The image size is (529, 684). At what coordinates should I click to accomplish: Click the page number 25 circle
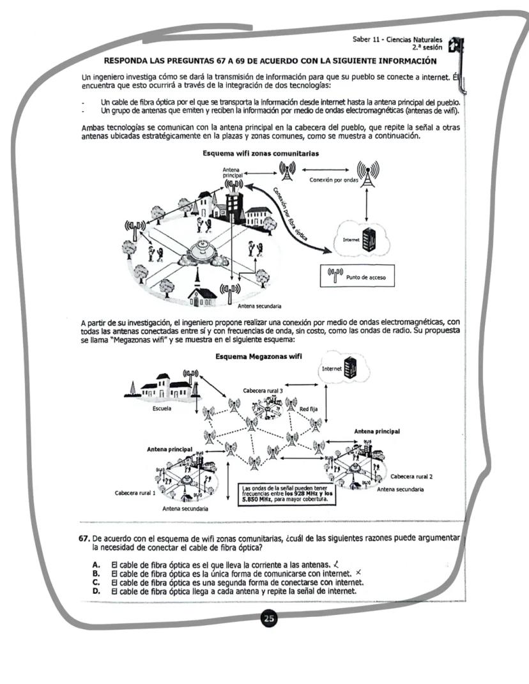pos(270,619)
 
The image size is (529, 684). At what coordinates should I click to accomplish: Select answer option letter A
pos(96,565)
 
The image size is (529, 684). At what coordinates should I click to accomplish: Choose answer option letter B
pos(96,574)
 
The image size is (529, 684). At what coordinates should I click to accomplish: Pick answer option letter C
pos(96,582)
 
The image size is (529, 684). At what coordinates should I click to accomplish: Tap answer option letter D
pos(96,590)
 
